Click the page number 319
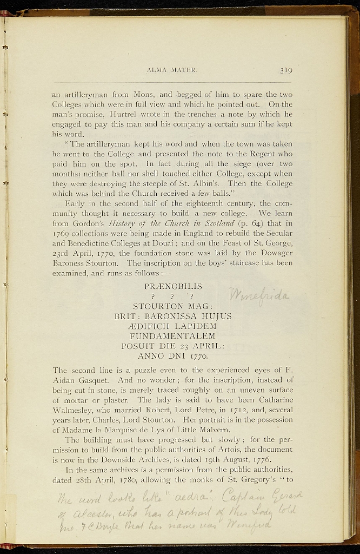[286, 70]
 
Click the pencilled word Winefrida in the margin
[260, 295]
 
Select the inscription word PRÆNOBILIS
[174, 286]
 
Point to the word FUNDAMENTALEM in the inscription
[173, 336]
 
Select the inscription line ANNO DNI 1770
[173, 357]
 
